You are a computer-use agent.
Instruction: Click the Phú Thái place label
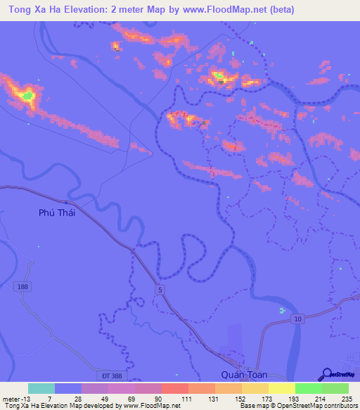point(56,212)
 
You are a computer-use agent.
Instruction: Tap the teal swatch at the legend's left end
point(41,388)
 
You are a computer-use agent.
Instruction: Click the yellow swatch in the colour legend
point(281,388)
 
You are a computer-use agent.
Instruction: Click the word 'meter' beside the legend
point(11,399)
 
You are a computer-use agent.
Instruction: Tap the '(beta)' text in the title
point(281,10)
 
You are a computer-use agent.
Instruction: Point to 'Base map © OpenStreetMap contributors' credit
point(298,405)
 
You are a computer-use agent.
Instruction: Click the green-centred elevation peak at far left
point(27,94)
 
